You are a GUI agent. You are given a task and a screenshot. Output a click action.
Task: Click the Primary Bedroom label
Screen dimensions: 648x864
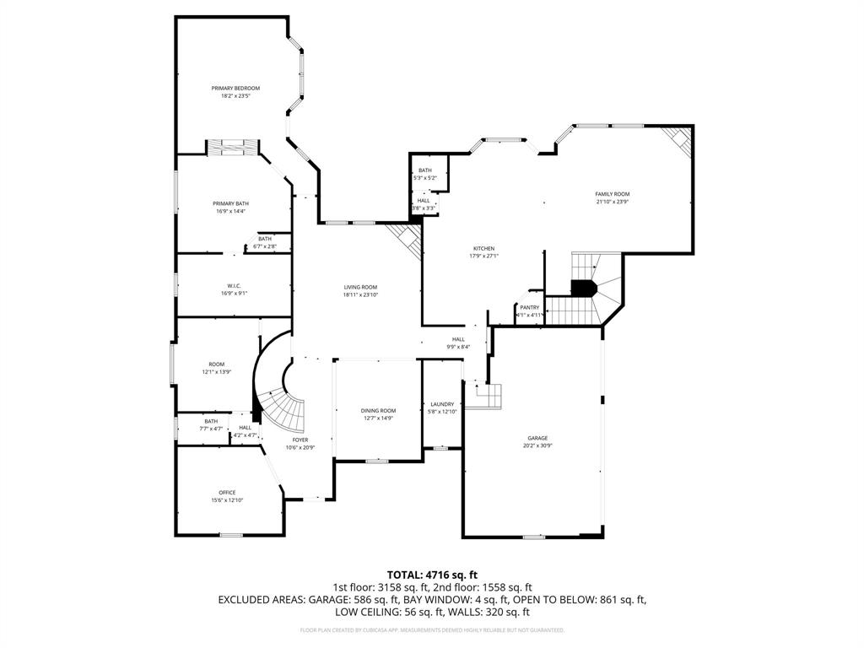[x=235, y=89]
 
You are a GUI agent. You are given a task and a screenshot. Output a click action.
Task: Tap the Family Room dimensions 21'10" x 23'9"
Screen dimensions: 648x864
[x=613, y=202]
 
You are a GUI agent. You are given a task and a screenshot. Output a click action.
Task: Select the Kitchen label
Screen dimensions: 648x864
[x=483, y=249]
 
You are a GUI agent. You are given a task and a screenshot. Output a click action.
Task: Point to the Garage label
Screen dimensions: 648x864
[x=537, y=438]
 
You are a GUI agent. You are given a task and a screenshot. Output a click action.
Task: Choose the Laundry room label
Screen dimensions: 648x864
[x=442, y=404]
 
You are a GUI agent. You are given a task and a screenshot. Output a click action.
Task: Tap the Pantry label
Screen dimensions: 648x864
[x=529, y=307]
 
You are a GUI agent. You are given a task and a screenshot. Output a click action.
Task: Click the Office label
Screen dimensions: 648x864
[x=227, y=493]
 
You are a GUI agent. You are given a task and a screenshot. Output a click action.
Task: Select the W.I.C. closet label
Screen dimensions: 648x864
[x=234, y=286]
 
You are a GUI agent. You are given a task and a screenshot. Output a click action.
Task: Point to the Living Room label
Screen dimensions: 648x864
[x=360, y=287]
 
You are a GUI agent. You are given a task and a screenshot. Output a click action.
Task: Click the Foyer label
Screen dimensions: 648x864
[x=300, y=440]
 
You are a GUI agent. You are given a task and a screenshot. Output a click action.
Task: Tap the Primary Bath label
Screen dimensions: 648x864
[x=230, y=203]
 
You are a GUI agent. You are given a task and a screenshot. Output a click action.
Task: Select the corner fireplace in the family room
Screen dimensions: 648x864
[x=677, y=140]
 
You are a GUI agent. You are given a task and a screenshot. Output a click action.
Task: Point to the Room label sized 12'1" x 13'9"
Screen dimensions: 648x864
[x=217, y=364]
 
